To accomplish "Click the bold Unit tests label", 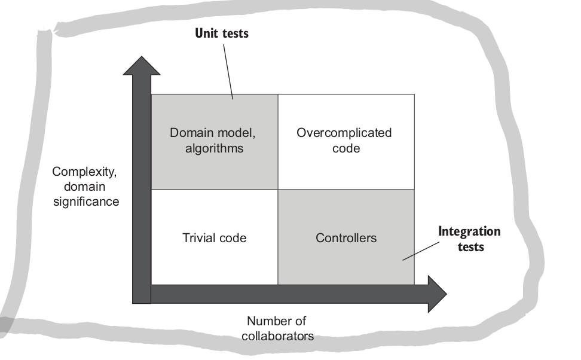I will point(222,33).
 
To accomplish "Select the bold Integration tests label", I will point(469,238).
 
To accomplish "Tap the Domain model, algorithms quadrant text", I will point(215,141).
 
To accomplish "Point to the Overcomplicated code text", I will point(344,141).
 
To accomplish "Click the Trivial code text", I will point(214,238).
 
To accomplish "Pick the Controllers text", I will point(346,238).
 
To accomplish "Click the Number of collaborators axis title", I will point(277,328).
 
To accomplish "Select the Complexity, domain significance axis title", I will point(85,187).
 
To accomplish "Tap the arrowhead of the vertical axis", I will point(141,65).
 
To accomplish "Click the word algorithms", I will point(215,148).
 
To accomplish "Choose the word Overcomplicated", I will point(344,133).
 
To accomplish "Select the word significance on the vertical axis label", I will point(85,202).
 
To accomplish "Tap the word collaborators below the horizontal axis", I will point(277,336).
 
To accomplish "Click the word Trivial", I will point(198,238).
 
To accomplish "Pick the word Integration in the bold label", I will point(469,231).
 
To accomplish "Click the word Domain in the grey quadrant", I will point(189,133).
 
